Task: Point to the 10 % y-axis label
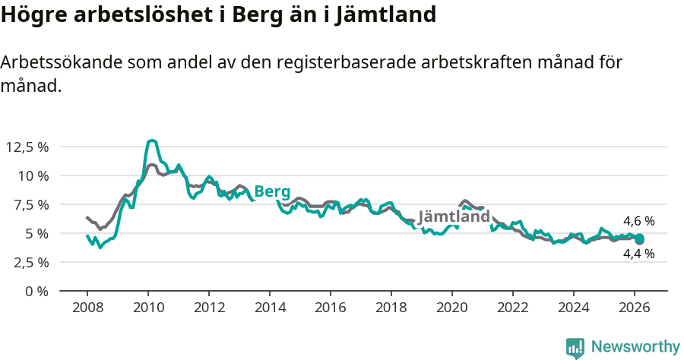33,175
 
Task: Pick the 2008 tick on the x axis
87,308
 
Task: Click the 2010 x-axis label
148,308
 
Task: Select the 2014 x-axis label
270,308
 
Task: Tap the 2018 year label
391,308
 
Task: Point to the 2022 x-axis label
513,308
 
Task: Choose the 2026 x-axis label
635,308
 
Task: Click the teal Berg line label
272,191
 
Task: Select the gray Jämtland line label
454,216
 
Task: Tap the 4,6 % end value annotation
638,221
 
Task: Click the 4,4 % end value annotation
638,254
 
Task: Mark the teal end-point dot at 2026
640,239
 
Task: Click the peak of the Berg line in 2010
152,141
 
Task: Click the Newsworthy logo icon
575,348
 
